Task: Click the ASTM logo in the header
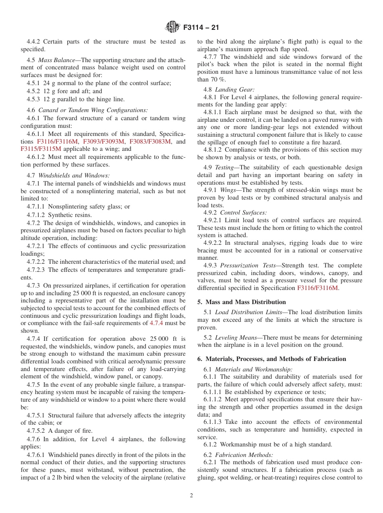tap(173, 27)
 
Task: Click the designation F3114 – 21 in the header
tap(201, 28)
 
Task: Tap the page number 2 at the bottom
tap(191, 496)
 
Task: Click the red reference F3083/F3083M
tap(150, 141)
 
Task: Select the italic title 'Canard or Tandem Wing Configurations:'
tap(93, 110)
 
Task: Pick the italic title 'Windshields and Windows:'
tap(74, 175)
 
